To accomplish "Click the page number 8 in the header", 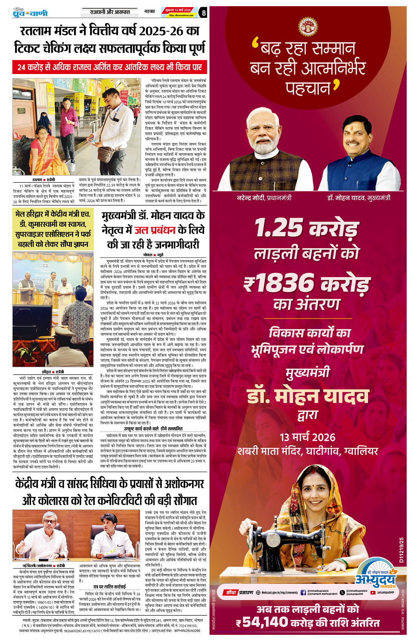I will [203, 12].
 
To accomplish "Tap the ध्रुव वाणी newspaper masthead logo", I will [30, 13].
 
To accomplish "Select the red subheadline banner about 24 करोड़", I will [110, 67].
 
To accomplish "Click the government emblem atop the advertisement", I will [308, 27].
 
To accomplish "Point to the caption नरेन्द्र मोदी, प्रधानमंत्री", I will [264, 198].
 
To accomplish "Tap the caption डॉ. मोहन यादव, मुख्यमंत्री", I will [359, 198].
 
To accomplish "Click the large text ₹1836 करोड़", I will [307, 283].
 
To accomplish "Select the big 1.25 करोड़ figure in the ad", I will [307, 228].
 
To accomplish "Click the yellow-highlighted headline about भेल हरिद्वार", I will [53, 229].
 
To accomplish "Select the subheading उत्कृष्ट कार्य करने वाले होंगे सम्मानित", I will [153, 429].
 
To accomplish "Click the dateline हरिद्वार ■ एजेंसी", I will [53, 371].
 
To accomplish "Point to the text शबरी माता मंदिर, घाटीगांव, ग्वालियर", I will [307, 451].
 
